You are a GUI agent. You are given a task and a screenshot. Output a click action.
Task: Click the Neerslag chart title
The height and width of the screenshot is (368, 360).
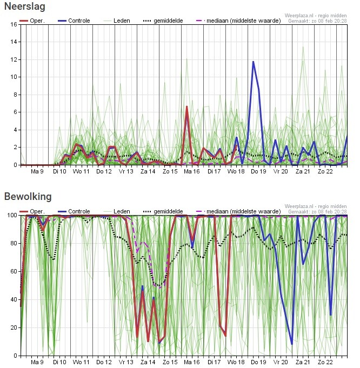25,6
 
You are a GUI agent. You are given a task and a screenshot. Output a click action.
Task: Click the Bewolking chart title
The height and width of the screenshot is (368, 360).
28,196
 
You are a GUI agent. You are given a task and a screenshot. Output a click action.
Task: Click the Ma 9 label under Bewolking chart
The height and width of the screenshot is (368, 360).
37,363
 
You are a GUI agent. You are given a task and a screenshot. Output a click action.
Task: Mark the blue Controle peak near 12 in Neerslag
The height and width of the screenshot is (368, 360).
253,62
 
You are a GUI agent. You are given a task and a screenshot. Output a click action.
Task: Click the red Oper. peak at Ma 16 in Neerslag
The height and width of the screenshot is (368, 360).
187,107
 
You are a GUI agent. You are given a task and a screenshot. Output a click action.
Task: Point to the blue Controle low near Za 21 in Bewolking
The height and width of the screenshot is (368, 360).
292,344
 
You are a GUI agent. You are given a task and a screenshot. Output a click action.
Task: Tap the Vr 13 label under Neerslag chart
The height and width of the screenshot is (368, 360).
125,171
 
